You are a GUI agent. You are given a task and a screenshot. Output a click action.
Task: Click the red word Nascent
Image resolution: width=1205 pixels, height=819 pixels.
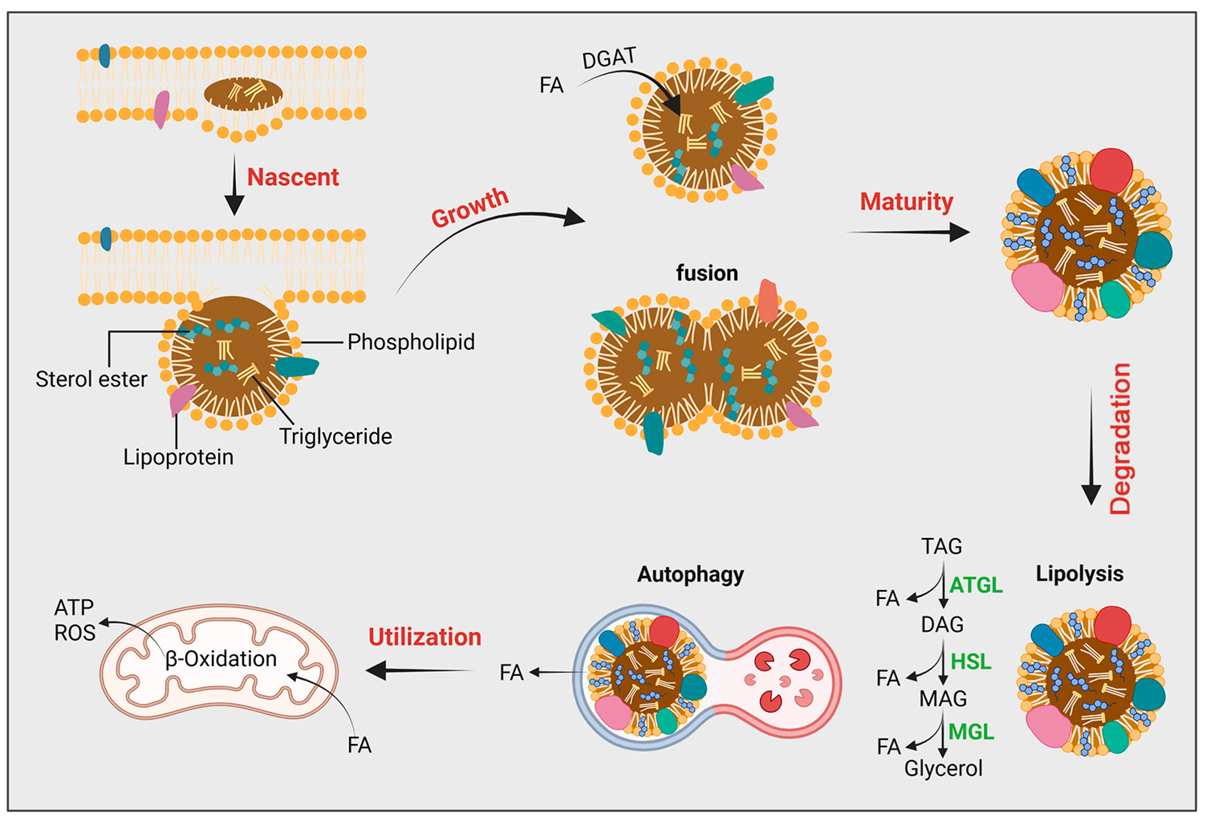[x=293, y=177]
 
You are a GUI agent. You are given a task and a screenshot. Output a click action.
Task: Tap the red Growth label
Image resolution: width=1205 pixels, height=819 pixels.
[x=470, y=207]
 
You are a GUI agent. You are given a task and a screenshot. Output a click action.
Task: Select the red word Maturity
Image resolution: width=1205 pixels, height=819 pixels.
[x=906, y=202]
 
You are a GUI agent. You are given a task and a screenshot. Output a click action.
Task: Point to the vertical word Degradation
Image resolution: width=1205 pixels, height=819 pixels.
[x=1120, y=439]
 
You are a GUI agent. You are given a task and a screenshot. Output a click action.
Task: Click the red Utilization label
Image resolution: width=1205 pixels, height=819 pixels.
[x=425, y=637]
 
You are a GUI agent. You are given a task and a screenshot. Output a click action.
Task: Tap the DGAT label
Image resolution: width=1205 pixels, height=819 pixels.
[x=609, y=58]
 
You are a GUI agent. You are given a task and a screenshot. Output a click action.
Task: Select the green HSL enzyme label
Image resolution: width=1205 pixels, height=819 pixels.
[x=971, y=661]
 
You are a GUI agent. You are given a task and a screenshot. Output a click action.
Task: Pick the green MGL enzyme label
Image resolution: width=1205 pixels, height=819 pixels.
[x=972, y=732]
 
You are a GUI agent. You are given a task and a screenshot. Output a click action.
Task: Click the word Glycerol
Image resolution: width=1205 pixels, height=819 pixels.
[x=943, y=768]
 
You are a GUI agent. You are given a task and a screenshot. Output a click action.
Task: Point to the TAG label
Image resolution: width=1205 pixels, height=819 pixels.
[x=941, y=546]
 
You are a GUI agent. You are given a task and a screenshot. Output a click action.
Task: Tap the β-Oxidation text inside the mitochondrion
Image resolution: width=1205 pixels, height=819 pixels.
[x=221, y=659]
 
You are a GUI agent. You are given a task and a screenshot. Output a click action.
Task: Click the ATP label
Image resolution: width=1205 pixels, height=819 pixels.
[x=74, y=607]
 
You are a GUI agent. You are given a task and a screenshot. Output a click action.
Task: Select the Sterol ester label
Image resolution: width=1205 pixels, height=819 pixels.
[x=91, y=379]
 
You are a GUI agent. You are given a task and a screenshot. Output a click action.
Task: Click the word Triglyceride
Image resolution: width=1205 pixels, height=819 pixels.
[x=335, y=437]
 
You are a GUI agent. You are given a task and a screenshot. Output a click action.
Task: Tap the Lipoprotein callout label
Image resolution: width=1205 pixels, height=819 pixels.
[x=179, y=457]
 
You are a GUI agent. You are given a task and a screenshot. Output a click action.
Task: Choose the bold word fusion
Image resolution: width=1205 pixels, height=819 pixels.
[x=707, y=273]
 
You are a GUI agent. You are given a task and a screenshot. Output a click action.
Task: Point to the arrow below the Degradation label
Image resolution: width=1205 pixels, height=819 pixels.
[x=1091, y=446]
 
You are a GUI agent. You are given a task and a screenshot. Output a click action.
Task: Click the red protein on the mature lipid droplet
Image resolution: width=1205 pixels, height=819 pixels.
[x=1111, y=170]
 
